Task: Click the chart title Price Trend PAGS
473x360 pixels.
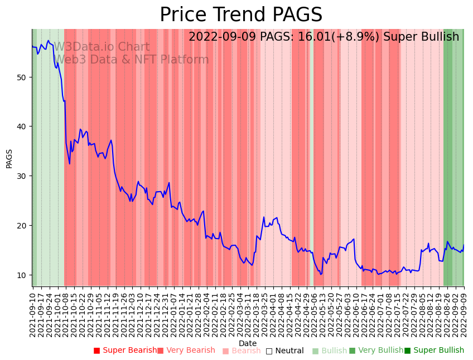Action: point(241,15)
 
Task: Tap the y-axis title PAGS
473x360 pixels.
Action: point(9,158)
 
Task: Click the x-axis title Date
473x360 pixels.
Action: point(248,343)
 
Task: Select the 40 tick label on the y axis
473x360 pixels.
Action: point(21,127)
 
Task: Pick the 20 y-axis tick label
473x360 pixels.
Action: point(21,226)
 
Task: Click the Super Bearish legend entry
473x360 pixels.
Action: point(126,351)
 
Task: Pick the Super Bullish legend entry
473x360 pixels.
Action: point(434,351)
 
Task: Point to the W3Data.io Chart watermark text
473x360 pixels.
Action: point(102,47)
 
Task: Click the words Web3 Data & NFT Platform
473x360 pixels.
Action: point(131,60)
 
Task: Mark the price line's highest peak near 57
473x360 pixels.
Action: point(49,41)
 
